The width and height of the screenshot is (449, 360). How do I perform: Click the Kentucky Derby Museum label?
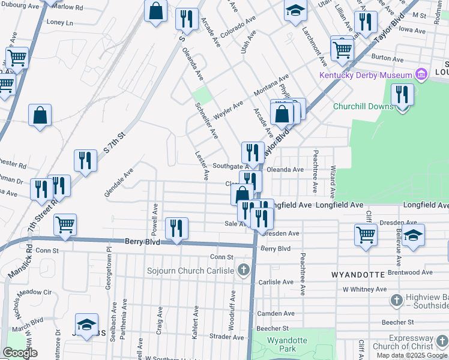[365, 75]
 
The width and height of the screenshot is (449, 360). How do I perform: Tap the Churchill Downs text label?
[363, 107]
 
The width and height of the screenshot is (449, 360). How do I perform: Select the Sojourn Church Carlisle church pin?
[243, 270]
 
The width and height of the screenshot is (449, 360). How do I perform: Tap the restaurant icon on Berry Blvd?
[176, 229]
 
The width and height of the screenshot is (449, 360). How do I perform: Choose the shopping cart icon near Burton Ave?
[342, 49]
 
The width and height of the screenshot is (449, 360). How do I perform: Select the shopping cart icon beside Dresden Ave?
[366, 235]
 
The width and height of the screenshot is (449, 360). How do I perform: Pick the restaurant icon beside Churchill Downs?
[402, 95]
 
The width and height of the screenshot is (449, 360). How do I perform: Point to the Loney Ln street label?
[59, 22]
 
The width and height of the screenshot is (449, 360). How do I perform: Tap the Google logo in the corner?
[20, 353]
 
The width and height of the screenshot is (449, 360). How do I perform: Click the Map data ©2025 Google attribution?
[412, 355]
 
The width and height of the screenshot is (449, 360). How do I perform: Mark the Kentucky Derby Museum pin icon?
[422, 75]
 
